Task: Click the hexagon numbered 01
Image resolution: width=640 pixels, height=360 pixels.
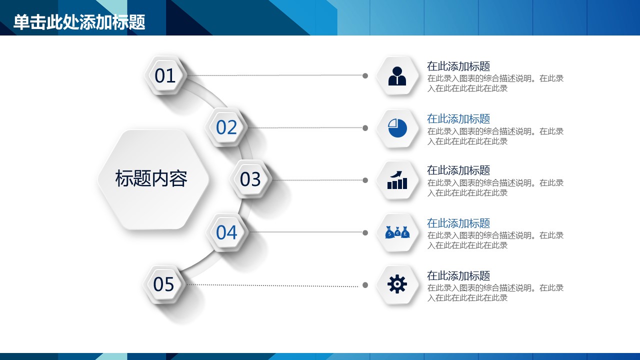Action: (x=165, y=75)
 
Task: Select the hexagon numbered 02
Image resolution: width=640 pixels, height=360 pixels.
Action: (x=226, y=127)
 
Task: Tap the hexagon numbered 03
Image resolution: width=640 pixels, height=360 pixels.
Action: (x=250, y=179)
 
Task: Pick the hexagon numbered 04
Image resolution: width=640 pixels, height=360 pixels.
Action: (x=226, y=232)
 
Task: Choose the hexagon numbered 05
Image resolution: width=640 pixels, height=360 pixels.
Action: (x=163, y=284)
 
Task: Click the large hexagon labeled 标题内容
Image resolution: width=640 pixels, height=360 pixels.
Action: (x=153, y=179)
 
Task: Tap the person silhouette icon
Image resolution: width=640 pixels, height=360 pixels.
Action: (x=397, y=76)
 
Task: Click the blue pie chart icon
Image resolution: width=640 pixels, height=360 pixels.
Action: (x=397, y=128)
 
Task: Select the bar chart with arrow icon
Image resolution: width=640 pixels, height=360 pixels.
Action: (x=397, y=180)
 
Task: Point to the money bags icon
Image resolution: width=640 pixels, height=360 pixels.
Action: (x=397, y=232)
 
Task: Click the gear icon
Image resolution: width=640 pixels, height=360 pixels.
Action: (x=397, y=284)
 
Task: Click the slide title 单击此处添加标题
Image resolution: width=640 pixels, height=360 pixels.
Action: (x=79, y=22)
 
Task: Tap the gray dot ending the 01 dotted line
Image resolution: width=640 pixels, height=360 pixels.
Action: (x=365, y=75)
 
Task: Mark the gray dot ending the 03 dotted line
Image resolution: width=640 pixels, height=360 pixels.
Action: (x=365, y=180)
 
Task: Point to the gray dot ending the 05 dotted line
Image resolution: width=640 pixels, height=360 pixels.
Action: (x=365, y=285)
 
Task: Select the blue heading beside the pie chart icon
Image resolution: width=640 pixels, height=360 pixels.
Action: (x=458, y=119)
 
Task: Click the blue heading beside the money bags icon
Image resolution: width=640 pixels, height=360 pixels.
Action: (x=458, y=223)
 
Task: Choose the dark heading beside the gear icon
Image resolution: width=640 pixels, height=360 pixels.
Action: (x=458, y=275)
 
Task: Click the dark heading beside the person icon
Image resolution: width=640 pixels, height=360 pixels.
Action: (x=458, y=66)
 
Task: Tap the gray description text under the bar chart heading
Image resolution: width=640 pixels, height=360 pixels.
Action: (x=495, y=187)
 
